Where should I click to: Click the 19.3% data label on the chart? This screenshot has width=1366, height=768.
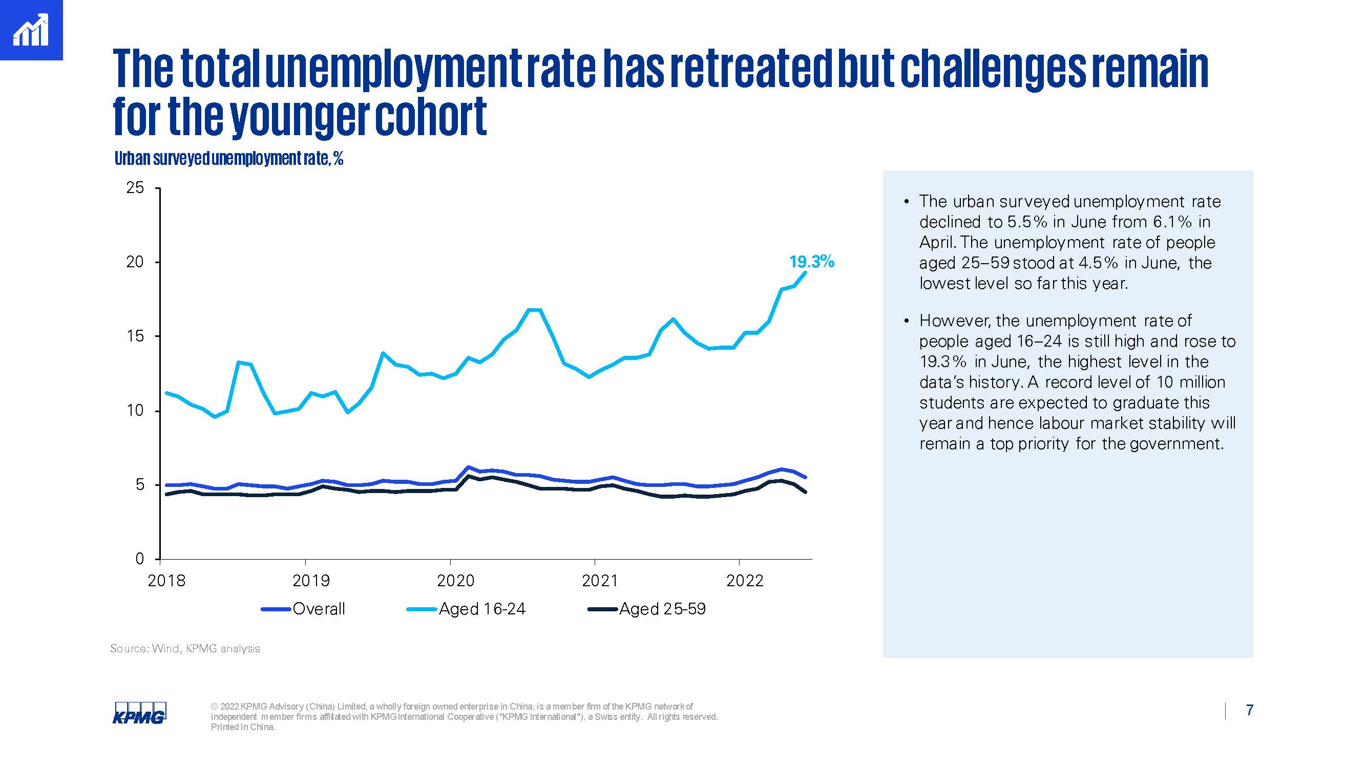click(811, 262)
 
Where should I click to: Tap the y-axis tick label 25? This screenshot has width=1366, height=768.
click(135, 187)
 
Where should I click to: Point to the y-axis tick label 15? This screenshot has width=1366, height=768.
click(135, 336)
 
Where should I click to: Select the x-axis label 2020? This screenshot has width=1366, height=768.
click(455, 581)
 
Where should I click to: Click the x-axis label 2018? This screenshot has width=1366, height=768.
click(166, 581)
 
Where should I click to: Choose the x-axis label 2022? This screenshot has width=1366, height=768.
click(745, 581)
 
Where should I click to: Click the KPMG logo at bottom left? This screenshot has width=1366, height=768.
click(139, 713)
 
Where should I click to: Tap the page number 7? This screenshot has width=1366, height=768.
click(1250, 710)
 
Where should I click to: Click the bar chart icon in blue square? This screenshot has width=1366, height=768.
click(31, 30)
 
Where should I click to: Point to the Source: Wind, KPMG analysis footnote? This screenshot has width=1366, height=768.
click(185, 649)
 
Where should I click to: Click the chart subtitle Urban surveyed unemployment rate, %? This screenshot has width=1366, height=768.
click(228, 159)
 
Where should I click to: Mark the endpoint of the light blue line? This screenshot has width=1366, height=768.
click(806, 272)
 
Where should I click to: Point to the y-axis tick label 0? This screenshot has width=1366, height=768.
click(139, 559)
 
